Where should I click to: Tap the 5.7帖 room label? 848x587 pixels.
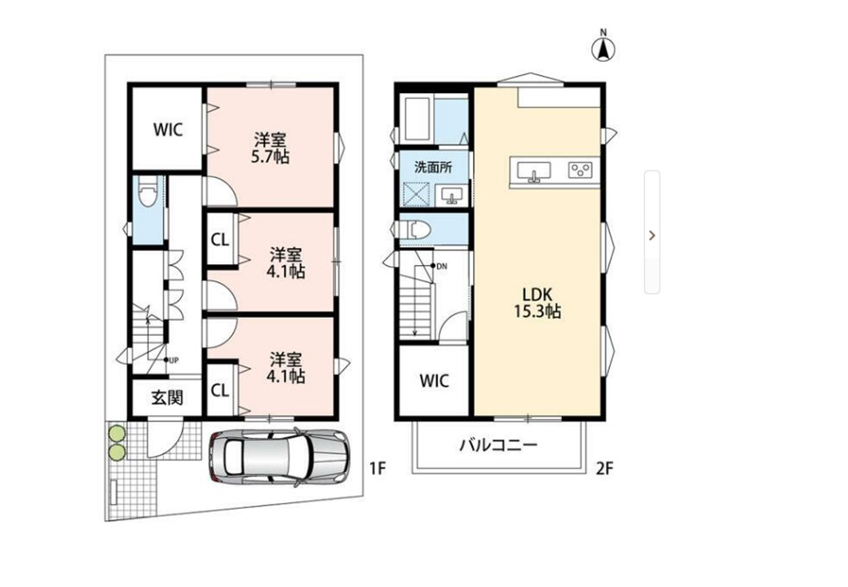point(270,148)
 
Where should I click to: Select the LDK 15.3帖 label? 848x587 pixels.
point(537,303)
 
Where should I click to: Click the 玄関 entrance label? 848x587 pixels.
point(167,398)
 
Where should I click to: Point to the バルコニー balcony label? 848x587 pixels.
point(499,446)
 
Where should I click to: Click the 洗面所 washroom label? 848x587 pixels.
point(433,167)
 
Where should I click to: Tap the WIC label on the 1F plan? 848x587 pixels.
point(168,130)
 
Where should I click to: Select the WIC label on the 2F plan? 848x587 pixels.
point(435,381)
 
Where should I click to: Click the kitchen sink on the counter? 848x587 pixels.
point(534,172)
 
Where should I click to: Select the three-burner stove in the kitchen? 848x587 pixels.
point(581,170)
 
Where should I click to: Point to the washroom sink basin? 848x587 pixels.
point(451,195)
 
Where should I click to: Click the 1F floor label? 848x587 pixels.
point(378,468)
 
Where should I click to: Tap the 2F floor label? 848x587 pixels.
point(605,468)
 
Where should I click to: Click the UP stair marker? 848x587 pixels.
point(171,360)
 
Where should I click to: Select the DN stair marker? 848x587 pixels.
point(439,266)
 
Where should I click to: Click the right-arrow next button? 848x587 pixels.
point(652,235)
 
